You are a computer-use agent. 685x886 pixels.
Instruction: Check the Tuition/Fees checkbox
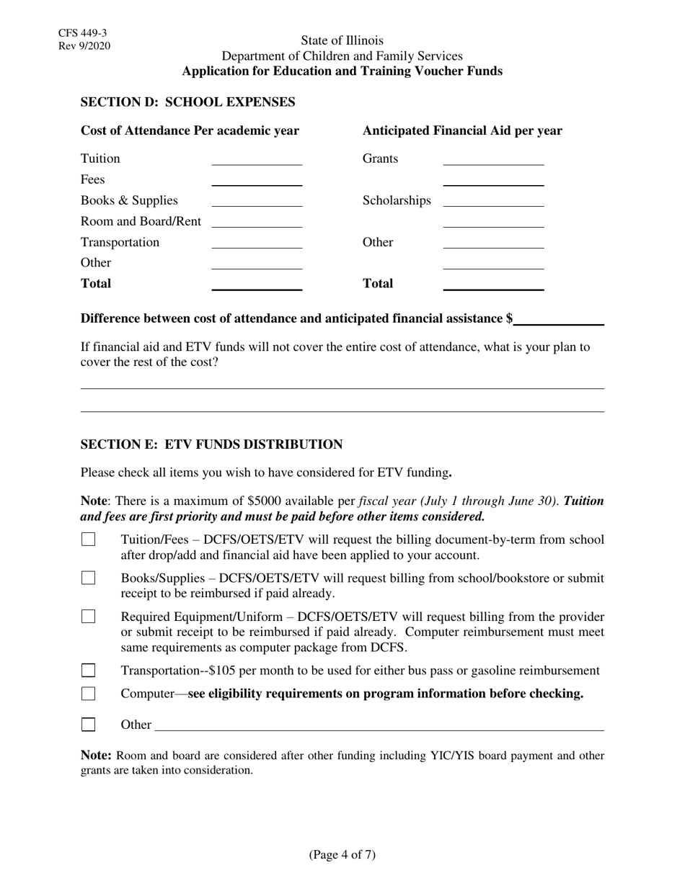tap(88, 540)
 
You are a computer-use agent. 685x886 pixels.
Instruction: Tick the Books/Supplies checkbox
tap(88, 578)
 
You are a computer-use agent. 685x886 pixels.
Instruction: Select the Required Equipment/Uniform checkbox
tap(88, 617)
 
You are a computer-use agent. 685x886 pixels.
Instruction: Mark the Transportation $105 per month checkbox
tap(88, 671)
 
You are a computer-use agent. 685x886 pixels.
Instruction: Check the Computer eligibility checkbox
tap(88, 694)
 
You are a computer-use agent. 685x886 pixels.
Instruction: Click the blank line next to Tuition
tap(256, 160)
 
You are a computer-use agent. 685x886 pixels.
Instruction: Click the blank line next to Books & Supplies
tap(256, 202)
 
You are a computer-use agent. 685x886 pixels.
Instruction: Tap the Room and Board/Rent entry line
tap(256, 223)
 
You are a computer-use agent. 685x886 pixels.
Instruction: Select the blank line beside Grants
tap(493, 160)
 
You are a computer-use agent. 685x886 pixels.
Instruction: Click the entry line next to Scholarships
tap(493, 202)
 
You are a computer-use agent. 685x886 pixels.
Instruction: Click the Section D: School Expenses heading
tap(187, 102)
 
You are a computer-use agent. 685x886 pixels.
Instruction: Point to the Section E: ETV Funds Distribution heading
tap(211, 444)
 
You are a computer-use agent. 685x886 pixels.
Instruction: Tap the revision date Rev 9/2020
tap(85, 46)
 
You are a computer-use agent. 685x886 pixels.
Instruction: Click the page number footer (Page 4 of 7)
tap(342, 855)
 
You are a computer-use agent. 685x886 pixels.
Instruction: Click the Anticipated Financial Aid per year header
tap(461, 131)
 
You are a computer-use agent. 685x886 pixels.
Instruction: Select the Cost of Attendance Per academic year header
tap(190, 131)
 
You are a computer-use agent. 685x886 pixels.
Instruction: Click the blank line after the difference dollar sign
tap(559, 321)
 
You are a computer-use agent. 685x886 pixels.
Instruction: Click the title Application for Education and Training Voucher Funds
tap(342, 71)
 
